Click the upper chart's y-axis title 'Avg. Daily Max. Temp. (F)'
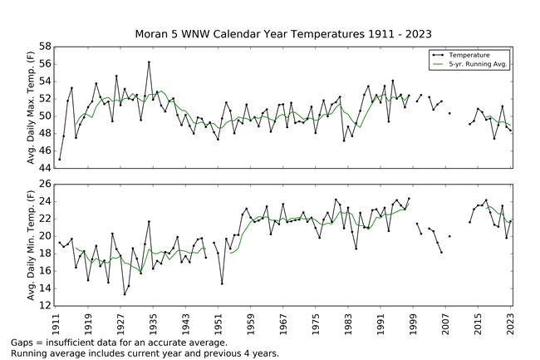coord(32,106)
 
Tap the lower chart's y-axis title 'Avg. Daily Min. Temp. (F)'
coord(32,244)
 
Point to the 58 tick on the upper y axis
coord(45,46)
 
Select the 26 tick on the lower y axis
coord(45,184)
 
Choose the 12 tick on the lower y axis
coord(45,306)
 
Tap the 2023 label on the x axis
coord(511,318)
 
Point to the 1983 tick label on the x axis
coord(348,318)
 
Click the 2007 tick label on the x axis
coord(446,318)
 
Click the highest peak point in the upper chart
coord(149,62)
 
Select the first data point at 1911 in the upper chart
coord(60,159)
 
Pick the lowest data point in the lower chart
coord(125,294)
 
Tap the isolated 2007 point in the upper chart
coord(449,113)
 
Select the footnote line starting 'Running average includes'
coord(145,353)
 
